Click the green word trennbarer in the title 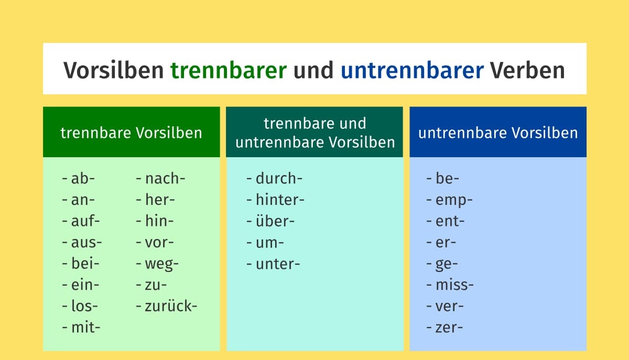(229, 70)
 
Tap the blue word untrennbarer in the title (412, 70)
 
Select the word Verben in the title (527, 70)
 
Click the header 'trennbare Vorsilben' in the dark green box (131, 133)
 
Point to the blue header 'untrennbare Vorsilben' (498, 133)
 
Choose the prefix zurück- (171, 306)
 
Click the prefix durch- (279, 178)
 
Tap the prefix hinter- (280, 200)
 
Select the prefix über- (275, 221)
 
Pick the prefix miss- (454, 285)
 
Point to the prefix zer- (449, 328)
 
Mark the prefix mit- (85, 328)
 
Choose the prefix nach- (165, 178)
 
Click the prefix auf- (85, 221)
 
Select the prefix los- (84, 306)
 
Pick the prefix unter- (278, 264)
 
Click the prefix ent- (450, 221)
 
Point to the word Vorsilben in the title (113, 70)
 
